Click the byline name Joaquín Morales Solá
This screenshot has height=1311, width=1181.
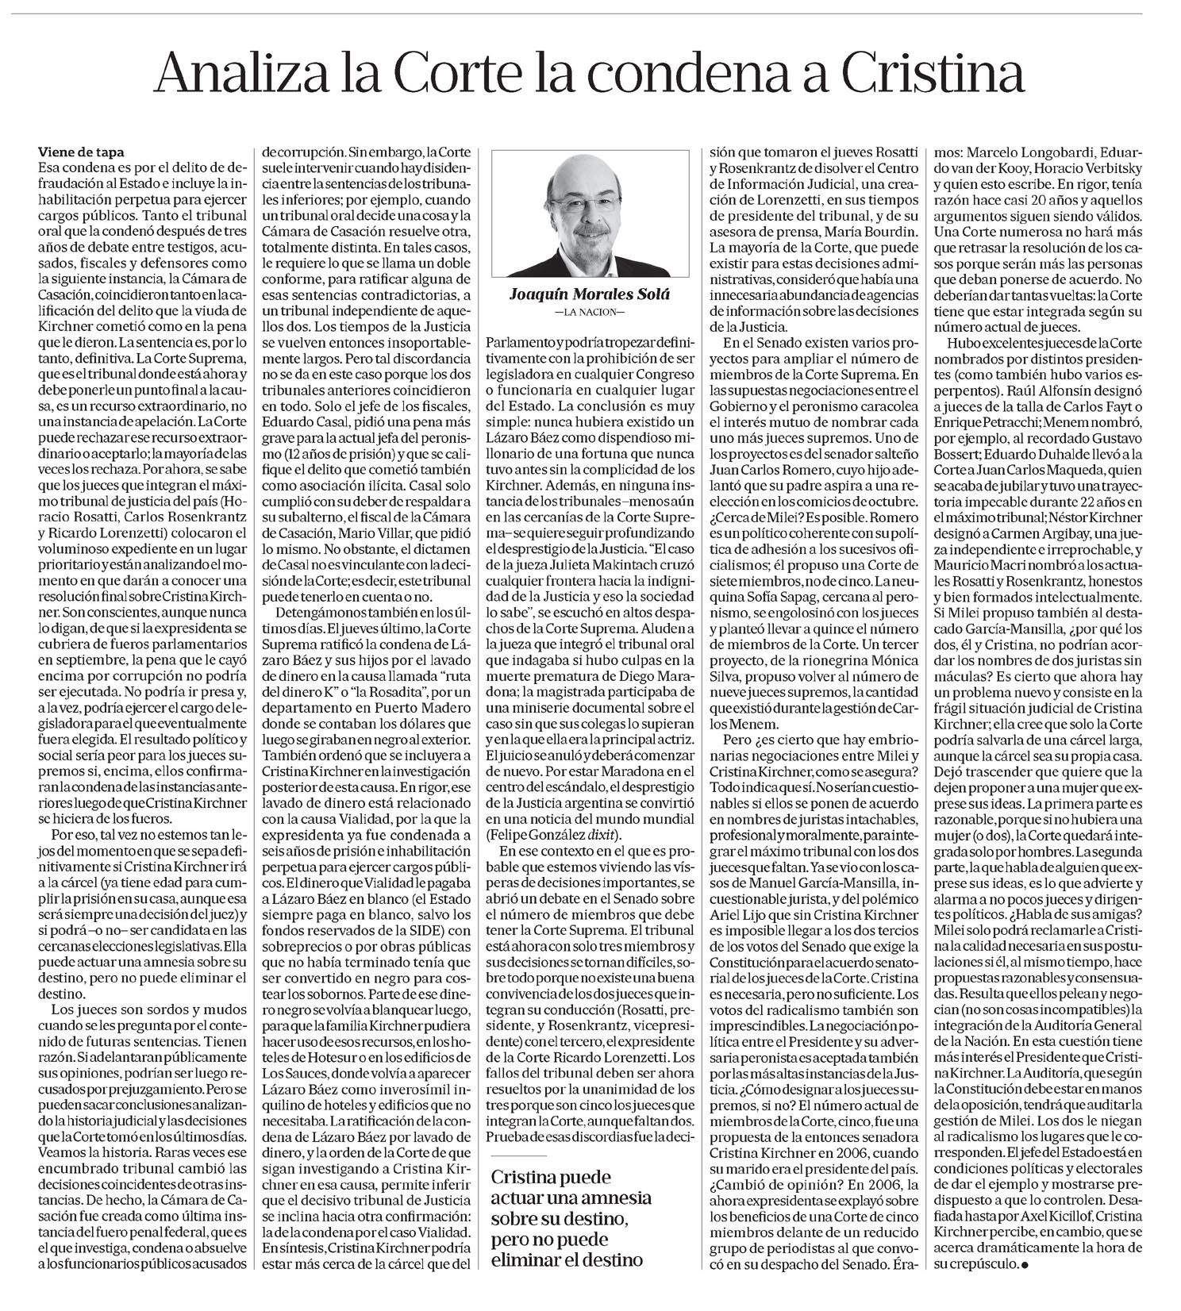pos(589,295)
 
